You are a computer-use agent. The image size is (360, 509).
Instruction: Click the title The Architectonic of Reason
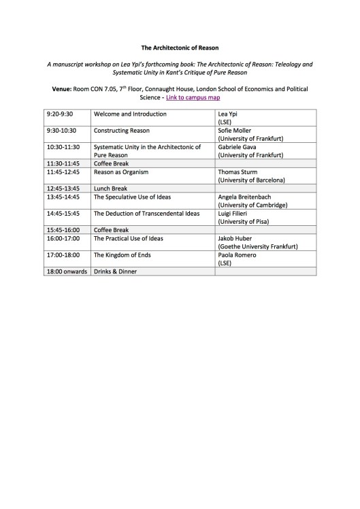pyautogui.click(x=180, y=48)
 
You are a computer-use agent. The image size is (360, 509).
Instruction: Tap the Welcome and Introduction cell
pyautogui.click(x=125, y=113)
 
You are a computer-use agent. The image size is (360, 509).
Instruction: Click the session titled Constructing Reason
pyautogui.click(x=121, y=130)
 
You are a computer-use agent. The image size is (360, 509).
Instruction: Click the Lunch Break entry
pyautogui.click(x=111, y=188)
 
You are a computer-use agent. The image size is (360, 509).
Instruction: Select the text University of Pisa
pyautogui.click(x=242, y=222)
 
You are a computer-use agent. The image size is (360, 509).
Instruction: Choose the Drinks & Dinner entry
pyautogui.click(x=115, y=272)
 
